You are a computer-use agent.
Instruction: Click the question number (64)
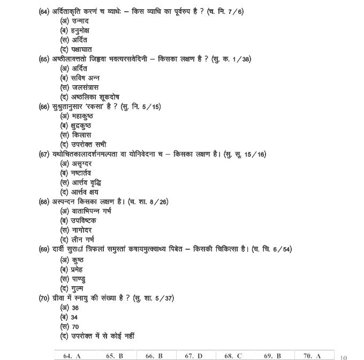(44, 11)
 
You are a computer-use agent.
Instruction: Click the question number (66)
(44, 106)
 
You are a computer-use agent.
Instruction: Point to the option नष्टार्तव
(82, 173)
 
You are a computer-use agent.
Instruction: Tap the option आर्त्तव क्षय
(85, 192)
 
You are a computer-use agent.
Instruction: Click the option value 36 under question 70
(74, 308)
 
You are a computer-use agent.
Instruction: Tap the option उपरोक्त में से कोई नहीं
(102, 336)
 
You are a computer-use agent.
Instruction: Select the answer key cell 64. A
(72, 356)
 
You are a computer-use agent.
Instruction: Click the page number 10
(343, 357)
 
